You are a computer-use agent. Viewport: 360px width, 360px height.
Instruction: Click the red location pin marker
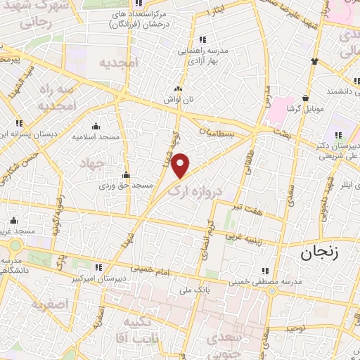click(181, 165)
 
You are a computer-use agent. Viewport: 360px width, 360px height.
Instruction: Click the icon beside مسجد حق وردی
click(127, 174)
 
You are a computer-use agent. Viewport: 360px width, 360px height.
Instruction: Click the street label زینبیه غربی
click(264, 236)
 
